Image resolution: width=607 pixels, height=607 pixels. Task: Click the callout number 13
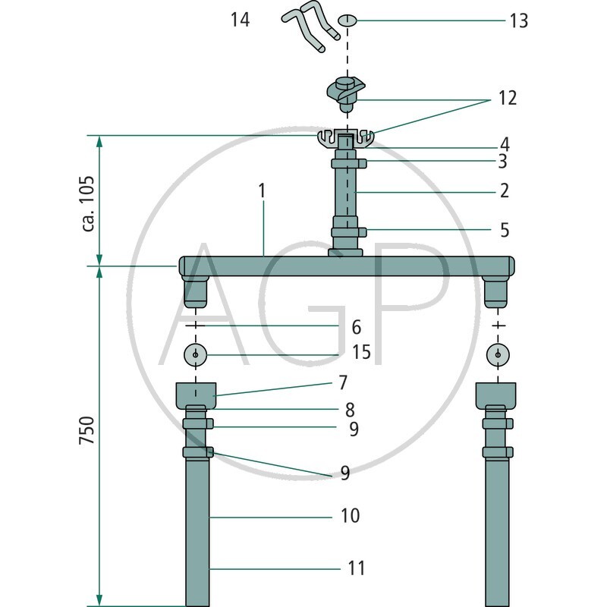[519, 20]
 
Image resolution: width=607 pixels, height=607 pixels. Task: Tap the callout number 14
[240, 20]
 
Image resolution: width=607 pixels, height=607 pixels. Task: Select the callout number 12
[508, 98]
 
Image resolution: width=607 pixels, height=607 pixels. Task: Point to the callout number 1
[263, 191]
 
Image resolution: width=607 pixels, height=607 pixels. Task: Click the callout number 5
[505, 230]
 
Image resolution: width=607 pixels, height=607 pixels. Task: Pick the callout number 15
[361, 352]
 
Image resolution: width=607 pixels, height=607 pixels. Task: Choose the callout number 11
[356, 568]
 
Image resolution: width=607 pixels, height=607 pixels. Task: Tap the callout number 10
[350, 516]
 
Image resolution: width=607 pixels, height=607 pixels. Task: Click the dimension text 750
[86, 430]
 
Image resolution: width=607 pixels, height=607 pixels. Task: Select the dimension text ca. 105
[88, 203]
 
